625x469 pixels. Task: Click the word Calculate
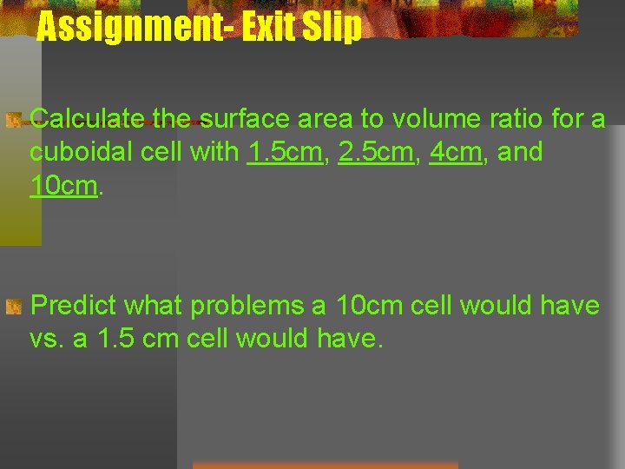[87, 118]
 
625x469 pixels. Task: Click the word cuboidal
[82, 152]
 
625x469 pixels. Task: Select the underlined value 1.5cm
[285, 152]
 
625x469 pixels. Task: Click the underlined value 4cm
[455, 152]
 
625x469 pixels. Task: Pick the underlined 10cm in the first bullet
[63, 186]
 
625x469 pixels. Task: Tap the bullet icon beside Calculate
[12, 120]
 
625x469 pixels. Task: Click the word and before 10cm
[521, 152]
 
